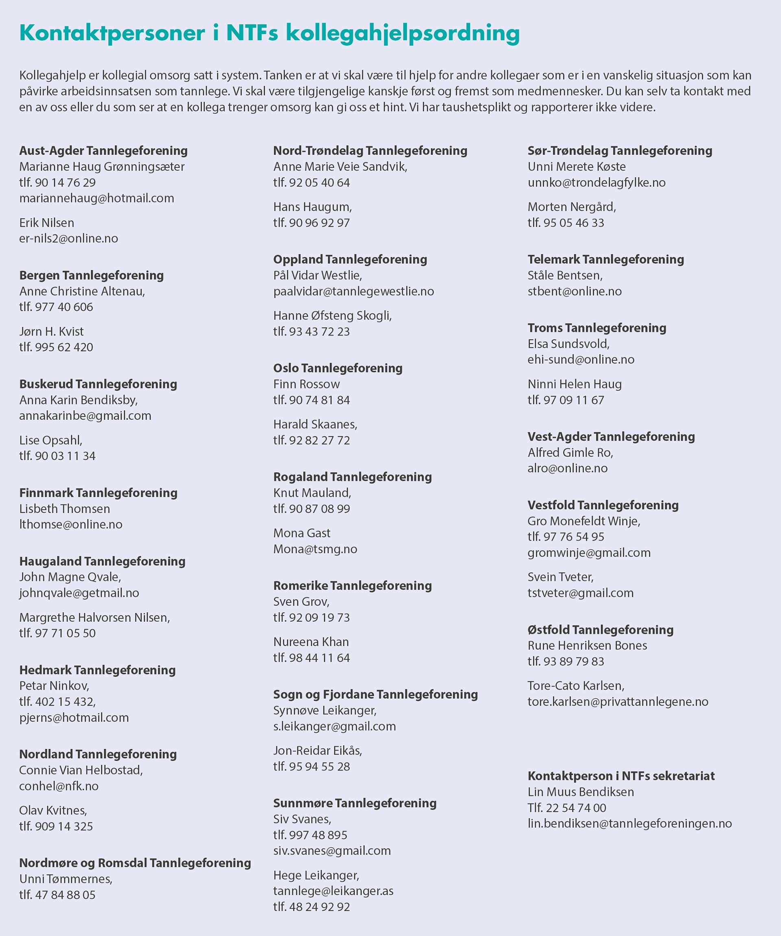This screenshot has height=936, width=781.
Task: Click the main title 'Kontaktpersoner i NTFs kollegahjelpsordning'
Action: [x=269, y=33]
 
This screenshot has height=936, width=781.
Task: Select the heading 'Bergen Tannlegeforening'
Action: [x=92, y=275]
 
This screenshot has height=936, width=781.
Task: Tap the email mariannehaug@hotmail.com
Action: [x=97, y=198]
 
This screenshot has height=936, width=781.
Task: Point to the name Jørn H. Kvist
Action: [x=51, y=331]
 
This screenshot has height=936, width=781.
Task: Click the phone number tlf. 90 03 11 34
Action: [x=57, y=455]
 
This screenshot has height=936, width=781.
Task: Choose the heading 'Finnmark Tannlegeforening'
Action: [x=98, y=492]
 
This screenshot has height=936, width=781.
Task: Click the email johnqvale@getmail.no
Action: [x=79, y=593]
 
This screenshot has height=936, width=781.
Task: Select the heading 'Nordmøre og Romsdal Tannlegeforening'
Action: [x=135, y=862]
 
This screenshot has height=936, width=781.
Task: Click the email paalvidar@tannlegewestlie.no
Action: [x=353, y=291]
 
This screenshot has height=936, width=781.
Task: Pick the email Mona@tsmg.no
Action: [x=315, y=549]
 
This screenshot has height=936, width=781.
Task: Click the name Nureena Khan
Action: [x=310, y=641]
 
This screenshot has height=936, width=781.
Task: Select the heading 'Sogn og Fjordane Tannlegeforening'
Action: [x=375, y=694]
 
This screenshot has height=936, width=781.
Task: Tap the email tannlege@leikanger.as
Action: [x=333, y=890]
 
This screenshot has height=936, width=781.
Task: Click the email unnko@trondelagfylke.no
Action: [x=596, y=182]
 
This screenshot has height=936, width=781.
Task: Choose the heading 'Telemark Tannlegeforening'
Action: [x=605, y=259]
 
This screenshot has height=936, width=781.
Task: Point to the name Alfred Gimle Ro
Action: [x=570, y=453]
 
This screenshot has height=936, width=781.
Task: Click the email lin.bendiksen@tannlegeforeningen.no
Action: [x=629, y=823]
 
